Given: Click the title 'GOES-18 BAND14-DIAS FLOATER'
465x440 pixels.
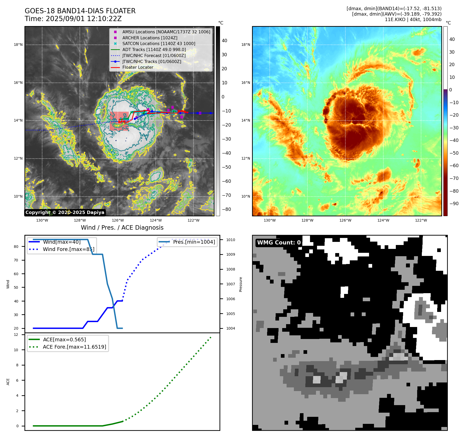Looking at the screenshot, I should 80,11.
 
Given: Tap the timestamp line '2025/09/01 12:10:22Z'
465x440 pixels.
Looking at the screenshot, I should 83,19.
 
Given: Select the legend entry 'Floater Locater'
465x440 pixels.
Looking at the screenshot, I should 138,67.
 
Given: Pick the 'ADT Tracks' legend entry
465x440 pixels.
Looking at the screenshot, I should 154,49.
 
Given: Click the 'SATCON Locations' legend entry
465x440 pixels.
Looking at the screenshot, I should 159,43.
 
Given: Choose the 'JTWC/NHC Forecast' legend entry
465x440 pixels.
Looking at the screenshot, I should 154,55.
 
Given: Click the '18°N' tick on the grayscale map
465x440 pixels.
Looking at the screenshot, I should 18,45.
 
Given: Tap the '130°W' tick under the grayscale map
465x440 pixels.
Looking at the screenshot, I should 42,221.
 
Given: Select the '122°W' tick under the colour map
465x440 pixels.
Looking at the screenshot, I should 421,221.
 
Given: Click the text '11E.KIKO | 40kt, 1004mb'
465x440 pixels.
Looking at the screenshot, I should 413,20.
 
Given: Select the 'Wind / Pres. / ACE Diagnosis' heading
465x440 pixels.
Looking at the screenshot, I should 122,228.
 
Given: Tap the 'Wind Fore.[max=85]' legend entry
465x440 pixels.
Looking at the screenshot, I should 69,249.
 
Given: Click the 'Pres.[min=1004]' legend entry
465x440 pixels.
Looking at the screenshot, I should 194,242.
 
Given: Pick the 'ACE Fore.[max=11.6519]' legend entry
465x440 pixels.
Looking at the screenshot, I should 74,347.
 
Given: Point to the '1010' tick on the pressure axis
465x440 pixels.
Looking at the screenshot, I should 231,240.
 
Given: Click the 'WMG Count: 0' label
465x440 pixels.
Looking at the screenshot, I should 279,243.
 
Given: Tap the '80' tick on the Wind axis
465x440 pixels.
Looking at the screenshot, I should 16,247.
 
